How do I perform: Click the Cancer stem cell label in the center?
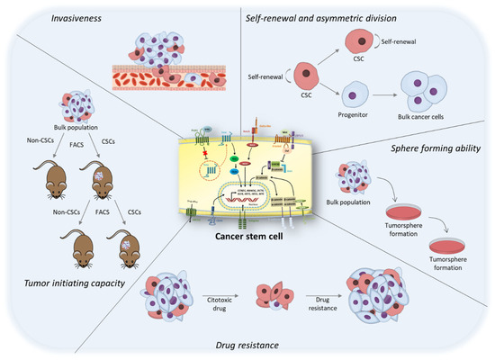[x=244, y=223]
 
